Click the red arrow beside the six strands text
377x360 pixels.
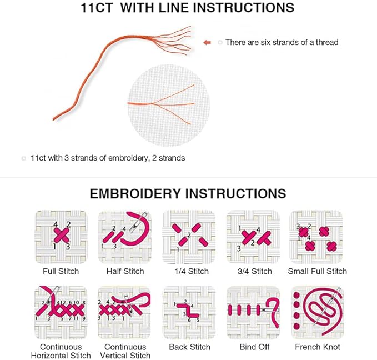pyautogui.click(x=207, y=43)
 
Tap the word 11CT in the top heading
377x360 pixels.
pyautogui.click(x=97, y=8)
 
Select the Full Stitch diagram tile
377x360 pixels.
pyautogui.click(x=61, y=237)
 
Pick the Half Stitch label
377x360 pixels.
pyautogui.click(x=125, y=271)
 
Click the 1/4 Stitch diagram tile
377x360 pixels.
pyautogui.click(x=189, y=237)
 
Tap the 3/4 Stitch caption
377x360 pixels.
pyautogui.click(x=255, y=271)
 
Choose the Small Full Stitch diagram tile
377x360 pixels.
pyautogui.click(x=316, y=237)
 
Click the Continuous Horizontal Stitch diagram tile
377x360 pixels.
pyautogui.click(x=61, y=312)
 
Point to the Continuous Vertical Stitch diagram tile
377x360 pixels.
pyautogui.click(x=124, y=312)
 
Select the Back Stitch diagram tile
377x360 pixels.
pyautogui.click(x=189, y=312)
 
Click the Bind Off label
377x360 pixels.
pyautogui.click(x=254, y=347)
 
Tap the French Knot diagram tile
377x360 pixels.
pyautogui.click(x=318, y=312)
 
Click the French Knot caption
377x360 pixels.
pyautogui.click(x=318, y=347)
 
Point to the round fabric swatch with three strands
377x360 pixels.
pyautogui.click(x=169, y=105)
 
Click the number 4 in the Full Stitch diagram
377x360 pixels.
pyautogui.click(x=56, y=224)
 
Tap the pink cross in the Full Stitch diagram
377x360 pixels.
pyautogui.click(x=62, y=235)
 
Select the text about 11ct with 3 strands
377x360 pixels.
pyautogui.click(x=108, y=158)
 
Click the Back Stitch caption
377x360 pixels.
pyautogui.click(x=189, y=347)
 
